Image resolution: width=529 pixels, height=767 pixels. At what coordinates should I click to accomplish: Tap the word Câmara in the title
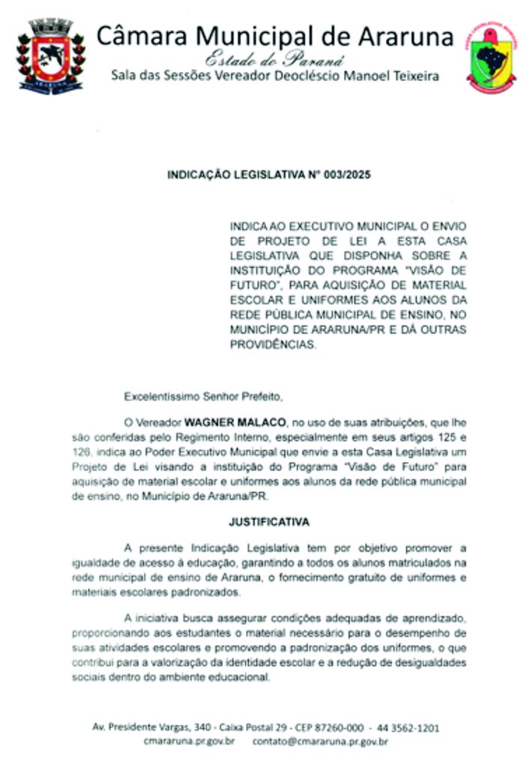(142, 34)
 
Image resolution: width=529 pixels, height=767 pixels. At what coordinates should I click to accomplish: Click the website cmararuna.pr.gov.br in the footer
(190, 742)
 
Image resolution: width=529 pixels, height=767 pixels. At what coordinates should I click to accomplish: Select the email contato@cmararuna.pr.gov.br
(320, 742)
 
